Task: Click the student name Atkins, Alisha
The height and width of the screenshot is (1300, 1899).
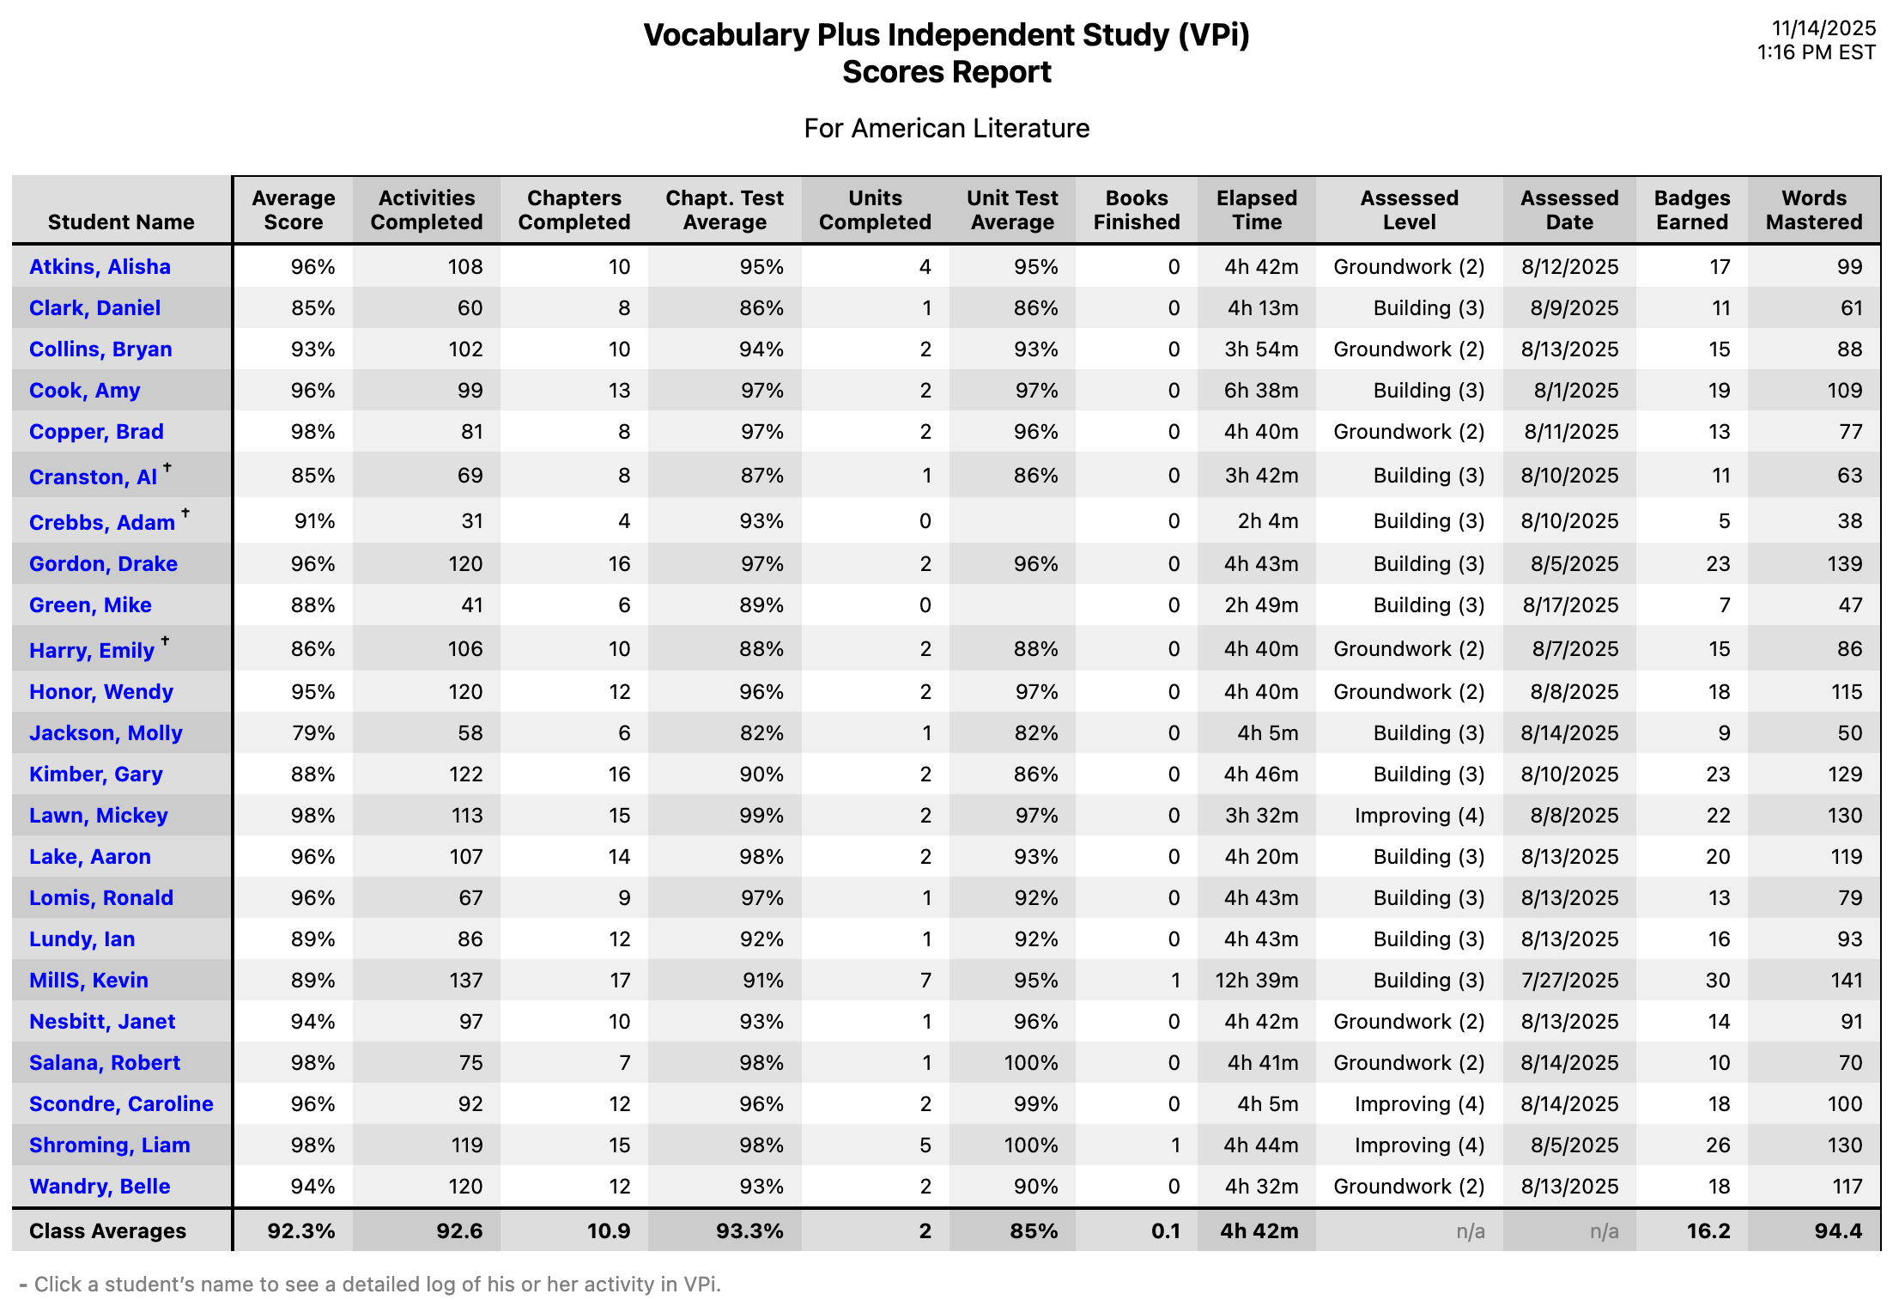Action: (100, 267)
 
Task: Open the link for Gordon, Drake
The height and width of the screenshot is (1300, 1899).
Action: (103, 564)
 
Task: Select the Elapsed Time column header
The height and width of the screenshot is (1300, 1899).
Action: (1257, 210)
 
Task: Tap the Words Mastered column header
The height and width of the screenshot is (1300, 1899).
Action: (1813, 210)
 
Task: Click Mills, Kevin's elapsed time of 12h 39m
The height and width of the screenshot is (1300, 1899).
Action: (1256, 981)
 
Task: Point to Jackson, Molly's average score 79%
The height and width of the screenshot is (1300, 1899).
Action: (312, 733)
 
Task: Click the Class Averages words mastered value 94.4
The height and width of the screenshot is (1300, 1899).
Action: (1837, 1231)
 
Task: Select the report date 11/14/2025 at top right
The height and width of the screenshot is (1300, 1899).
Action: (1823, 28)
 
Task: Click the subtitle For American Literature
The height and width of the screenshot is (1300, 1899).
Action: (946, 129)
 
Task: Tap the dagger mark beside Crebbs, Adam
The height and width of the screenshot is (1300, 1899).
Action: (185, 513)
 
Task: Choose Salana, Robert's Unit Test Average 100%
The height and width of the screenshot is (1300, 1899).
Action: (1030, 1063)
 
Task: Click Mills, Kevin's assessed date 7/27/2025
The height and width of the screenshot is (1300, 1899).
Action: (1569, 981)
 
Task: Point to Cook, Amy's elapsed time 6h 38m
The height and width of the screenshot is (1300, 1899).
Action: (1260, 391)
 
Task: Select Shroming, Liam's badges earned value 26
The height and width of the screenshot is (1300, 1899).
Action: (1717, 1145)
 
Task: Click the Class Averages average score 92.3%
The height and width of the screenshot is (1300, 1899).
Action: (300, 1231)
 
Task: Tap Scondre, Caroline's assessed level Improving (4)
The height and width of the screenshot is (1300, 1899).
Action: (1419, 1104)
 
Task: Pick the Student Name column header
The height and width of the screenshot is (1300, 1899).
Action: (121, 222)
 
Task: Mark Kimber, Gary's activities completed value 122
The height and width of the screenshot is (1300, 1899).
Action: (465, 775)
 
